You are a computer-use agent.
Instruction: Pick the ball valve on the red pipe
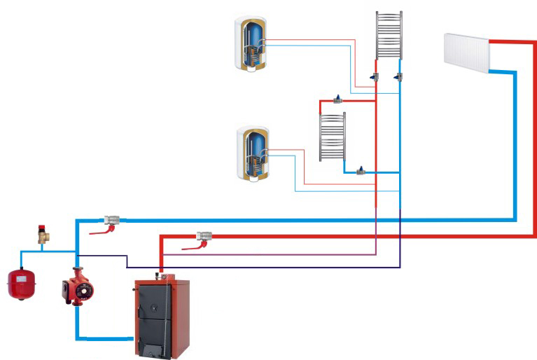coord(204,237)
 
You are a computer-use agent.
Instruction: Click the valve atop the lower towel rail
coord(340,99)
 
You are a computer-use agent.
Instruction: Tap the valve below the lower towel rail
coord(361,170)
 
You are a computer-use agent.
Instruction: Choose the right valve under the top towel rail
coord(398,76)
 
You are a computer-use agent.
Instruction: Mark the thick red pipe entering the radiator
coord(515,42)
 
